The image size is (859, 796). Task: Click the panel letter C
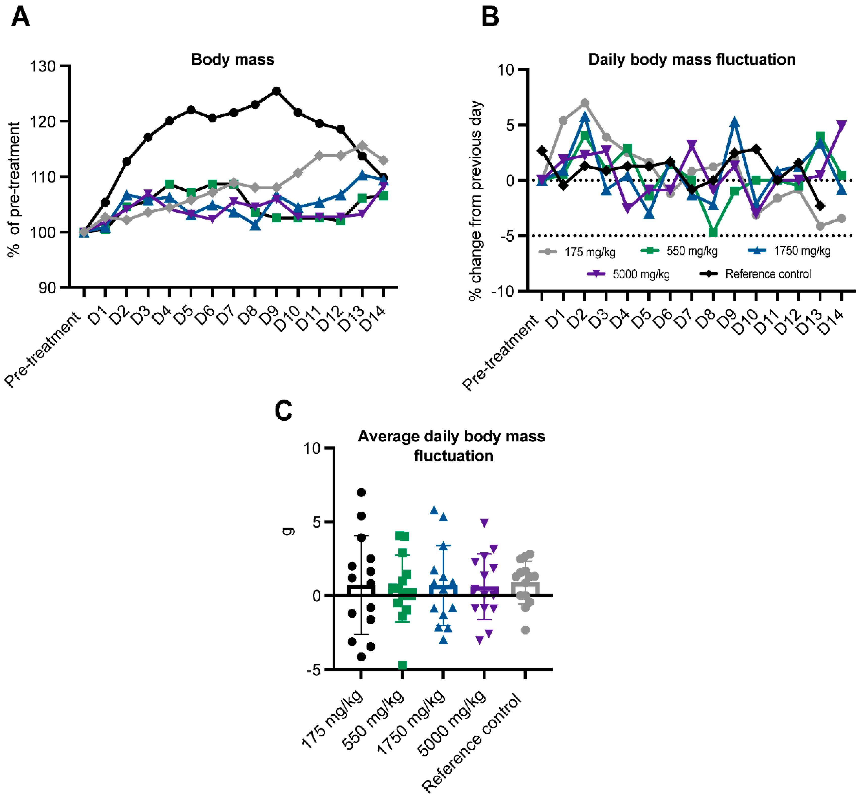(283, 410)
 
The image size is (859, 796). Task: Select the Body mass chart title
(232, 59)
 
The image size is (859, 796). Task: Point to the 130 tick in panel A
(43, 67)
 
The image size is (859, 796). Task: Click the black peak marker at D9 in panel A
(276, 91)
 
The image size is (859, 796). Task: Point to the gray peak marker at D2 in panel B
(584, 103)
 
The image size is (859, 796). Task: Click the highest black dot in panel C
(361, 492)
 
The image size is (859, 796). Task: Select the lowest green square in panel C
(402, 665)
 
